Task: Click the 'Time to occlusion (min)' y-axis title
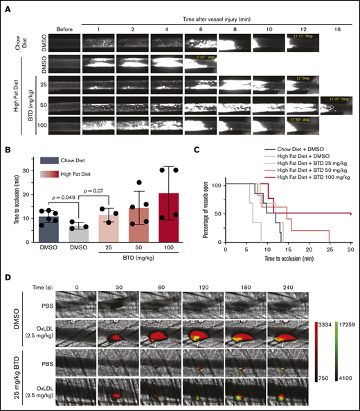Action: click(15, 208)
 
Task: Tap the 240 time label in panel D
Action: click(288, 284)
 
